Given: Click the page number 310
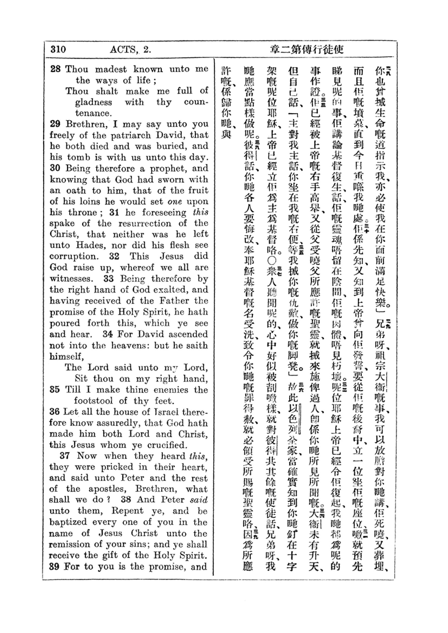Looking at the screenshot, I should click(58, 49).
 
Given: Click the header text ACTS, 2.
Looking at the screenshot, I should click(130, 50).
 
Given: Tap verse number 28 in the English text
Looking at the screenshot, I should click(55, 69).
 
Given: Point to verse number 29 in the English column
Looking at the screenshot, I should click(55, 124).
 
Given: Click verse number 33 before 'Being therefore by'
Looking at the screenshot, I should click(109, 279).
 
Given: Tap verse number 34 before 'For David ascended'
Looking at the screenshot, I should click(108, 334).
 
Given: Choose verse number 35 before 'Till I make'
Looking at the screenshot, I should click(55, 389).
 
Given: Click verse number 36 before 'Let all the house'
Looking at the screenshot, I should click(55, 412).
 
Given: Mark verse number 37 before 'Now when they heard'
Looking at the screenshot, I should click(65, 456).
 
